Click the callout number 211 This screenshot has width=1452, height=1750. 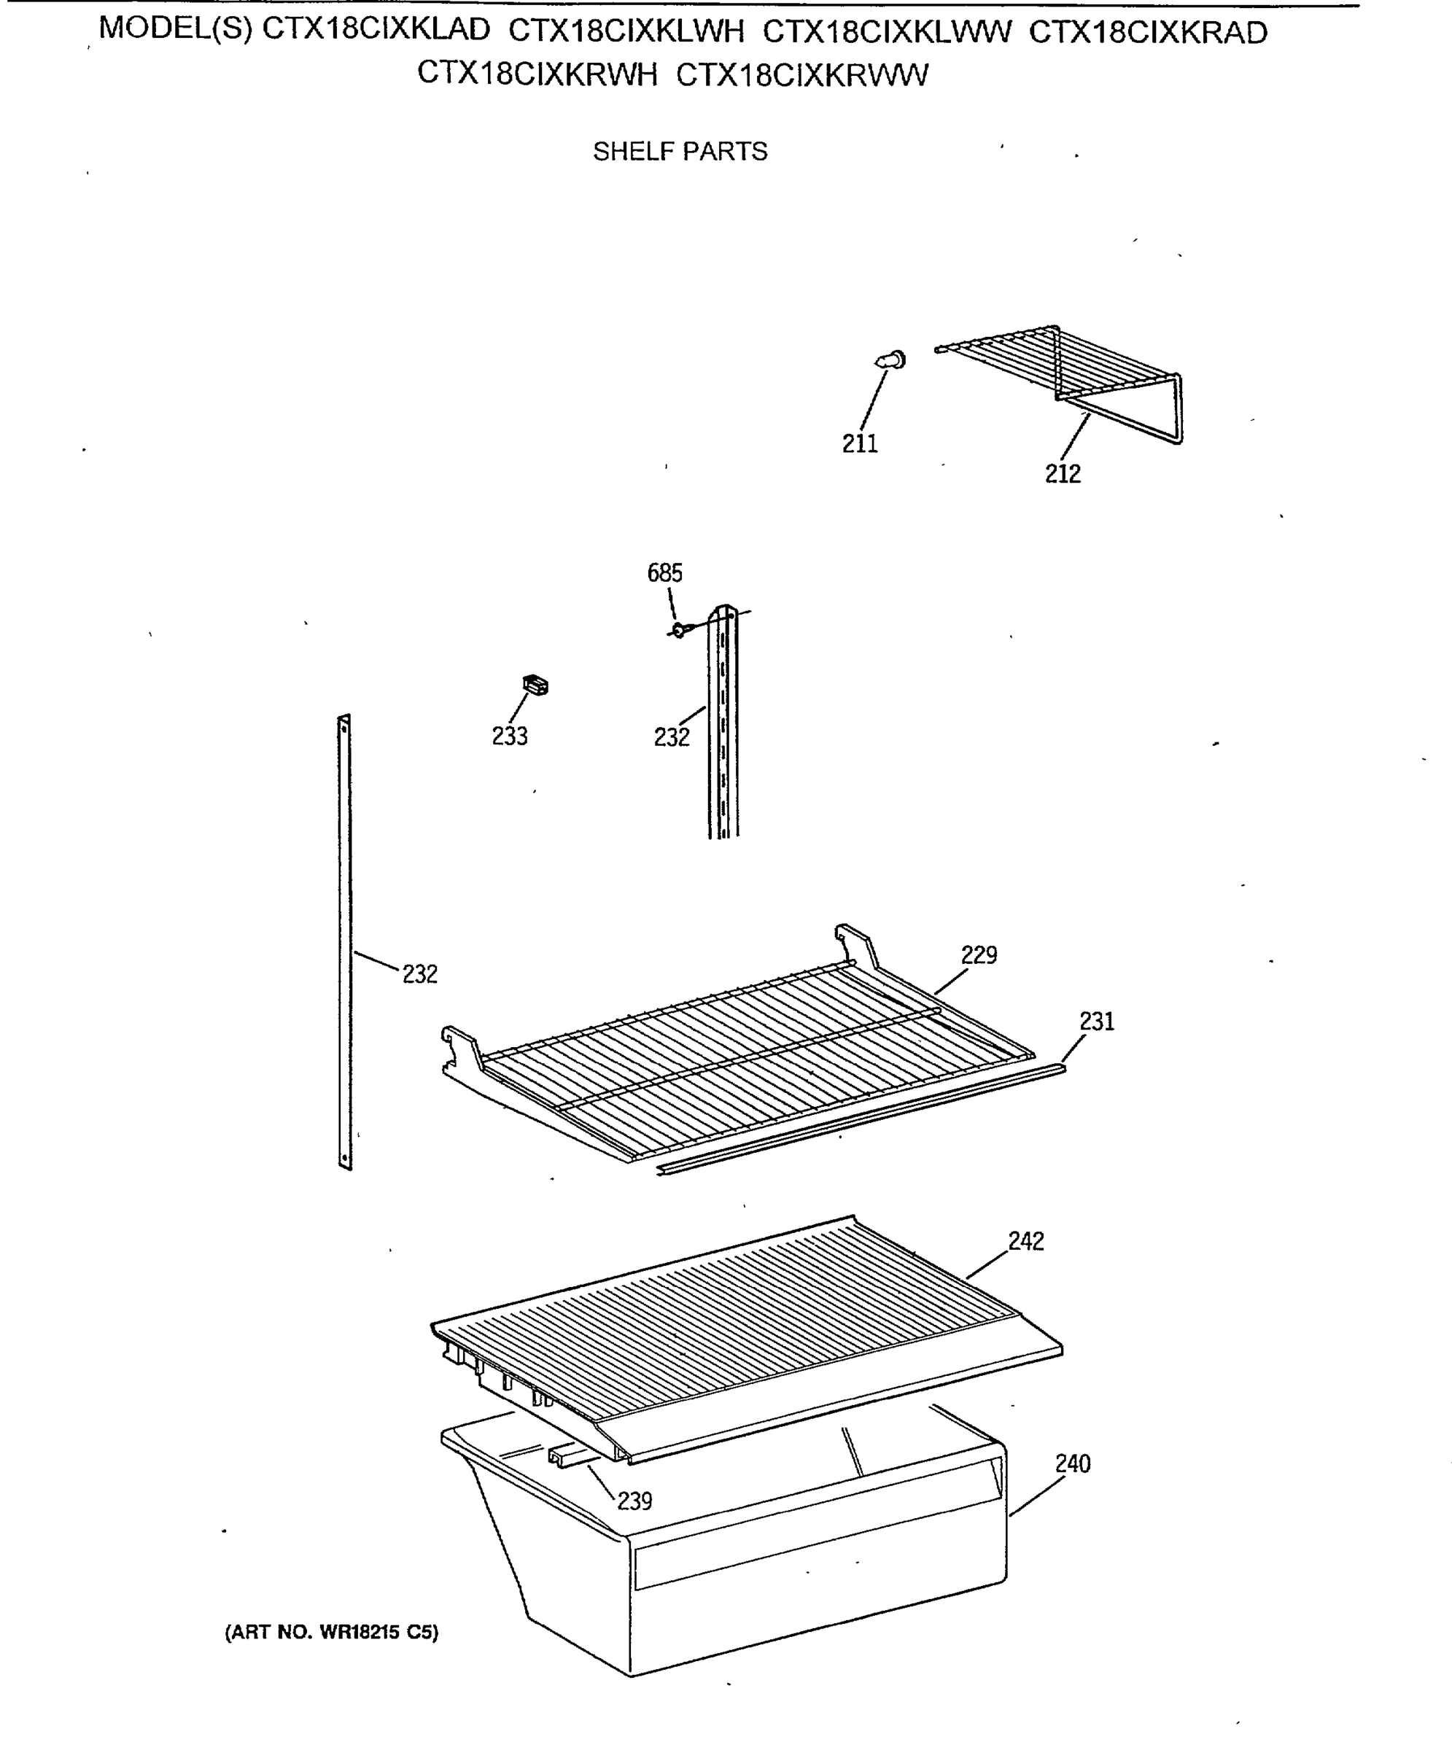click(x=859, y=443)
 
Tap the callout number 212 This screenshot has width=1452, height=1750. click(x=1063, y=473)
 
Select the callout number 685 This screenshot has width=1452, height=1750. click(x=664, y=572)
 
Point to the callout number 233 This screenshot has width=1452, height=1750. click(x=509, y=736)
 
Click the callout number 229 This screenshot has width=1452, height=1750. click(x=979, y=955)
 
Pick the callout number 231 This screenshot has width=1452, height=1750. click(x=1097, y=1021)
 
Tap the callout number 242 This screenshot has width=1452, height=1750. click(x=1026, y=1241)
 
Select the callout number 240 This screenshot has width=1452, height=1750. click(x=1073, y=1463)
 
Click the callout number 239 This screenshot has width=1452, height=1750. click(x=634, y=1501)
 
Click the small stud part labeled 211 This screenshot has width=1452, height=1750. click(x=891, y=360)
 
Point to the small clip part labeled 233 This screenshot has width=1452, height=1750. click(x=535, y=685)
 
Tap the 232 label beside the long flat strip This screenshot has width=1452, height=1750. click(x=419, y=973)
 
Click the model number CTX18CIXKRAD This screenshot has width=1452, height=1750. click(x=1148, y=33)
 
